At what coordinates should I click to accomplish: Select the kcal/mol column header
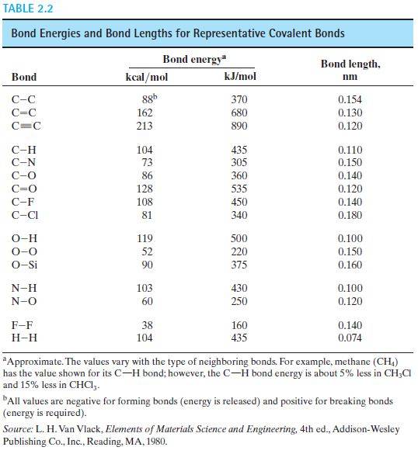tap(146, 78)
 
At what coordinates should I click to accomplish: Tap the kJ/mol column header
tap(239, 78)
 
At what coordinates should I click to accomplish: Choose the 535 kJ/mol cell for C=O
tap(239, 189)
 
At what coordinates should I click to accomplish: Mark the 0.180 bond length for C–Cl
tap(350, 215)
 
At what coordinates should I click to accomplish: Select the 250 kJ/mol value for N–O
tap(239, 303)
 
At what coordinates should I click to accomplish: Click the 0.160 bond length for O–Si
tap(350, 265)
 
